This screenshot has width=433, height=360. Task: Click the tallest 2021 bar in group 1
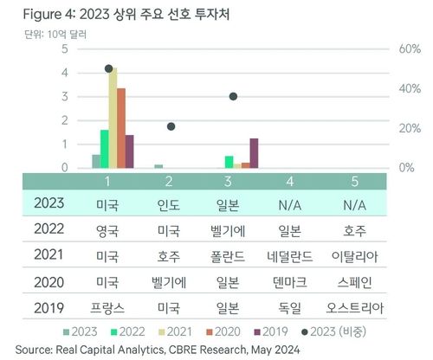[113, 117]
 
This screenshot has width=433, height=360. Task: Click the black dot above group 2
[171, 126]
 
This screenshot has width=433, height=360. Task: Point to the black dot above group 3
[233, 96]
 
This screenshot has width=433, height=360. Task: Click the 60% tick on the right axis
[410, 49]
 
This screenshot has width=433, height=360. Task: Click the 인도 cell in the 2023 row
[171, 205]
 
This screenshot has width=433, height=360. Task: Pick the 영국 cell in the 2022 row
[108, 231]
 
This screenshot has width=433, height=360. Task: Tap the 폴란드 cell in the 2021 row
[233, 257]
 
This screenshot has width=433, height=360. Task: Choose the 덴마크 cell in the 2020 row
[294, 283]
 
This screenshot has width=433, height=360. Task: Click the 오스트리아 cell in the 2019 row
[354, 308]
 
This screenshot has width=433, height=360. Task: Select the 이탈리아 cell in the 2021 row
[354, 257]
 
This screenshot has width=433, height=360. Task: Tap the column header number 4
[294, 181]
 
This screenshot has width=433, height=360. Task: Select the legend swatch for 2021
[162, 331]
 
